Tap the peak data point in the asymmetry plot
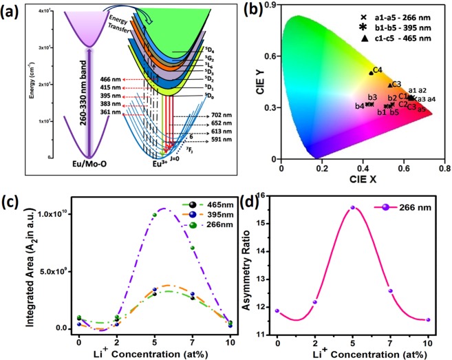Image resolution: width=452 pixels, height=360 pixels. (352, 207)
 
